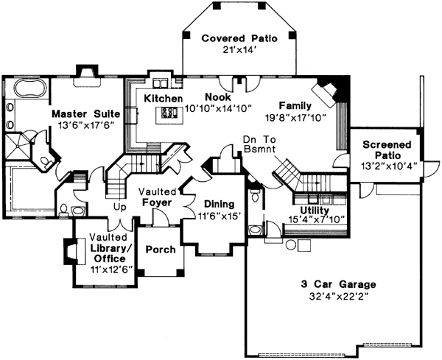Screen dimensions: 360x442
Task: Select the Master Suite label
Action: (83, 114)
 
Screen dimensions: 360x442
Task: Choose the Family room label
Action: (295, 105)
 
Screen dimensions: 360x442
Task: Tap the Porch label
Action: (161, 250)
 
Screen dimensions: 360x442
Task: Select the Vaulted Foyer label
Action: (156, 197)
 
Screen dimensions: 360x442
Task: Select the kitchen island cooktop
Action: (169, 113)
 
